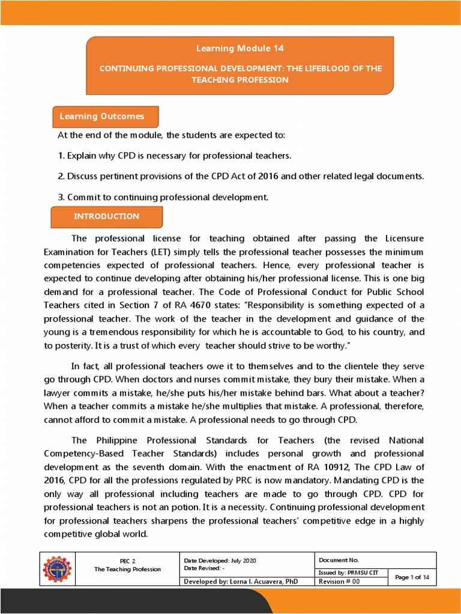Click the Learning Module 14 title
(x=240, y=48)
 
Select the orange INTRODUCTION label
(x=106, y=216)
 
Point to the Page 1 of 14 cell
(x=412, y=577)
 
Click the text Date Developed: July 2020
(x=220, y=560)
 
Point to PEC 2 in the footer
(x=127, y=561)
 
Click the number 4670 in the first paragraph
(x=254, y=305)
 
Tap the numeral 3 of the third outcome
(x=61, y=197)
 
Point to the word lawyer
(x=58, y=392)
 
